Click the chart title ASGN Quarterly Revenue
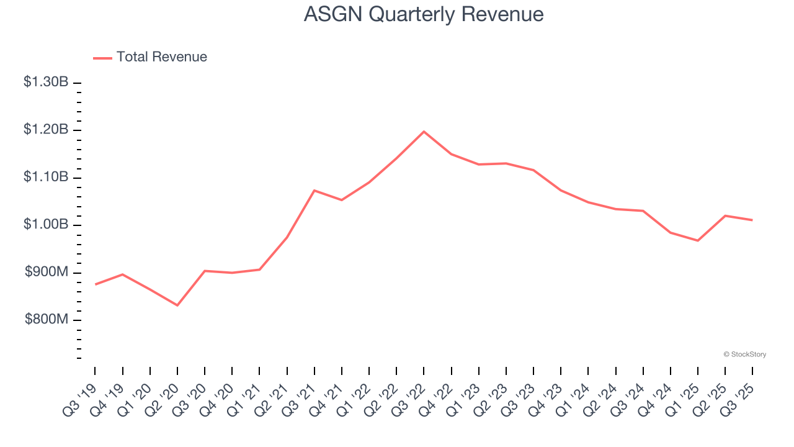424,14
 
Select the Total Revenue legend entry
150,57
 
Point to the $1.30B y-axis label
46,82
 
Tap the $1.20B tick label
46,130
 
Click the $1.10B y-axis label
46,177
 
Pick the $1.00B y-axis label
46,224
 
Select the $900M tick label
47,272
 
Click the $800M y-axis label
47,319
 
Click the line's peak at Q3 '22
424,132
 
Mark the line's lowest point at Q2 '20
177,305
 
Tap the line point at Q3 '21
314,191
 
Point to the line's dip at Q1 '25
698,240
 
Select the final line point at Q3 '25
752,220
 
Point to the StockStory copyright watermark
745,354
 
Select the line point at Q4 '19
123,274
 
